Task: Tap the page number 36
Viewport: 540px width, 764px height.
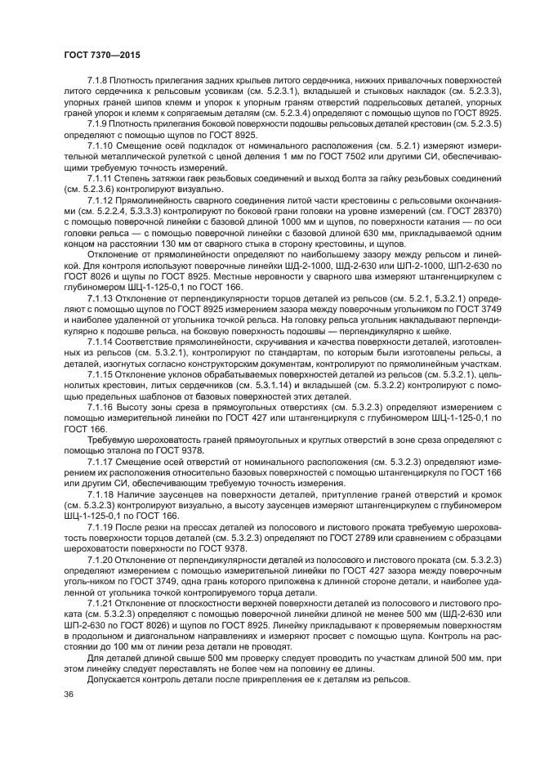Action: click(x=69, y=694)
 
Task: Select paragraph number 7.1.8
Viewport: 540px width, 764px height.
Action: click(x=97, y=80)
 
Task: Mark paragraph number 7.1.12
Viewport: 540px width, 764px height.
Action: click(x=100, y=197)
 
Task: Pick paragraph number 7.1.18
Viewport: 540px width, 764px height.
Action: click(x=100, y=495)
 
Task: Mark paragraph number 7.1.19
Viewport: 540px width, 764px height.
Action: click(x=100, y=526)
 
